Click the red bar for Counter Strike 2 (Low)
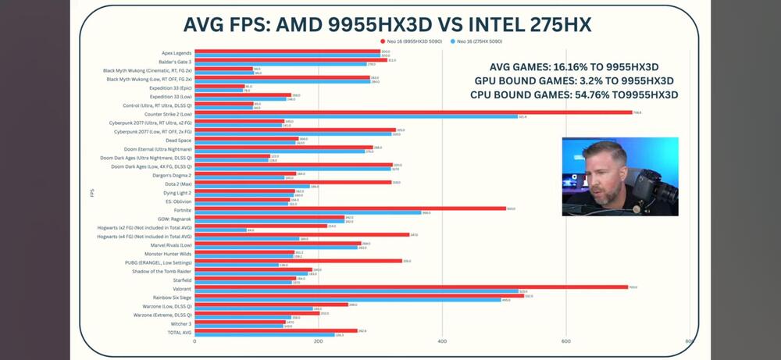tap(412, 112)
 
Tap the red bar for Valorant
tap(411, 287)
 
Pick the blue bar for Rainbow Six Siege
tap(348, 299)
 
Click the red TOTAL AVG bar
tap(276, 330)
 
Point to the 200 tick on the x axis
tap(318, 341)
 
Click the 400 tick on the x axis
tap(442, 341)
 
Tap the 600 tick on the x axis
tap(565, 341)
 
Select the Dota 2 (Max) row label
tap(177, 184)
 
